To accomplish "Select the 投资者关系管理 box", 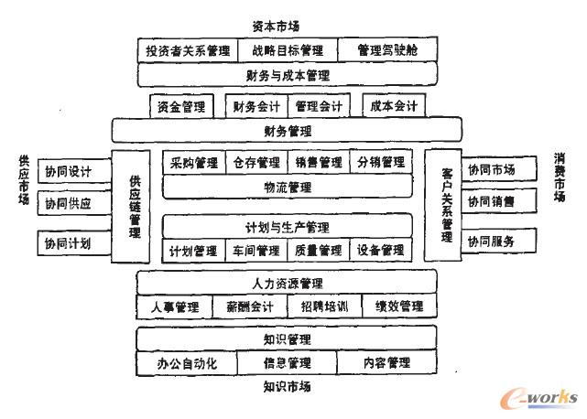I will [188, 49].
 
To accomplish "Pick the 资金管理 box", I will [182, 107].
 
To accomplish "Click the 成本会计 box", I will [394, 107].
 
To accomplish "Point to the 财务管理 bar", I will [287, 132].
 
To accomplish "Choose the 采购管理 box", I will [194, 163].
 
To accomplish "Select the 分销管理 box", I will [381, 163].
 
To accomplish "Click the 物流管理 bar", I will [287, 187].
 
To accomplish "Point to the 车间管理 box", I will [255, 250].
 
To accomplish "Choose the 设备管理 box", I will [381, 250].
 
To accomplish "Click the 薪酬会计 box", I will [250, 306].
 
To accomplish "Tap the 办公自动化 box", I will [187, 363].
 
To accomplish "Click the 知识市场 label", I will [287, 387].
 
